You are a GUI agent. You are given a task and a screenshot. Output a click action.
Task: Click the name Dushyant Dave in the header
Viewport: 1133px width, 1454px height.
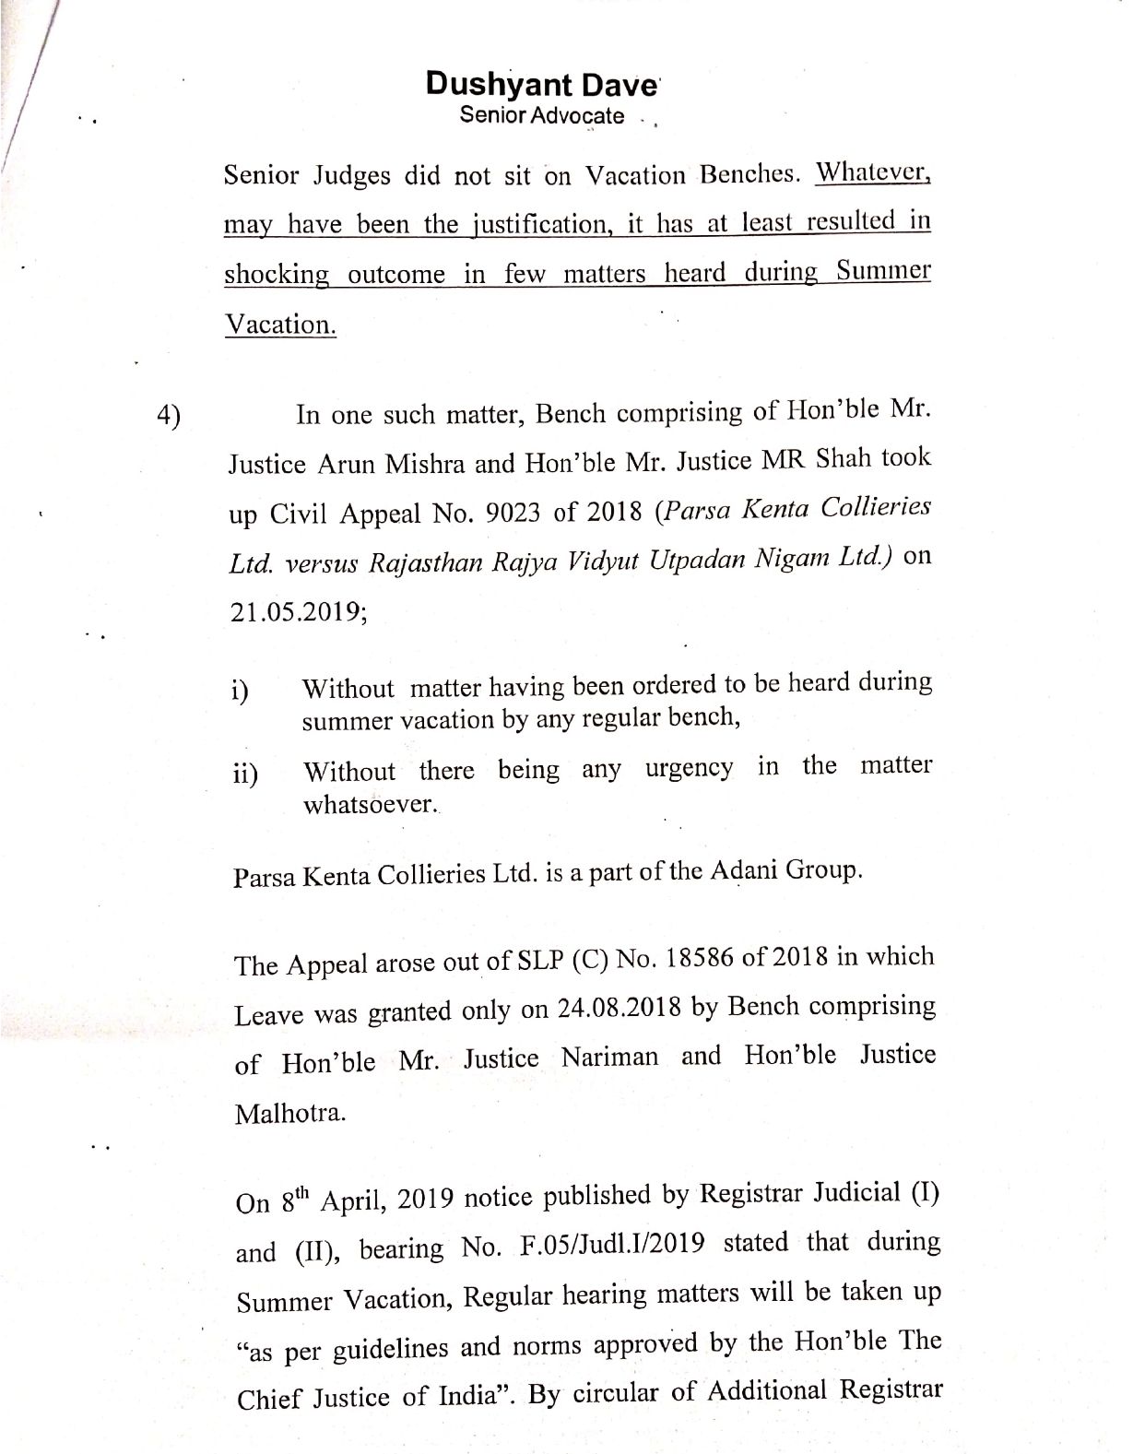pyautogui.click(x=541, y=85)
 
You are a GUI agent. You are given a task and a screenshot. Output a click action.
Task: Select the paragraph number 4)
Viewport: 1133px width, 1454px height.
pyautogui.click(x=169, y=416)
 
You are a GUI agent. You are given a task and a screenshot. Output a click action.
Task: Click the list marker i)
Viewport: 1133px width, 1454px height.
pyautogui.click(x=242, y=692)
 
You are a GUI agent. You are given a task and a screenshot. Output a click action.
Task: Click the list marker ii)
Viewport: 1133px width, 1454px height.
pyautogui.click(x=245, y=773)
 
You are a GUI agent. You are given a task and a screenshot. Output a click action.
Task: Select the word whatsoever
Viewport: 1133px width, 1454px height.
pyautogui.click(x=370, y=804)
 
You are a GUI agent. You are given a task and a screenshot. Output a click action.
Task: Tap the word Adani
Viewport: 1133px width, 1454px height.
pyautogui.click(x=744, y=870)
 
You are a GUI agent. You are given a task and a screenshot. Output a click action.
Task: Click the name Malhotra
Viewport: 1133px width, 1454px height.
pyautogui.click(x=278, y=1113)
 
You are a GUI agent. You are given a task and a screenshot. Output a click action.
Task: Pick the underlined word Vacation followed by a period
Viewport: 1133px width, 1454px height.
pyautogui.click(x=280, y=325)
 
